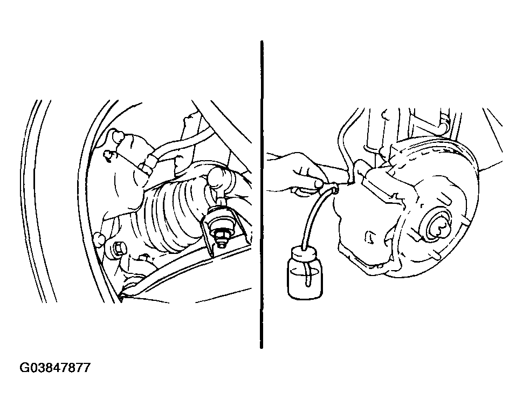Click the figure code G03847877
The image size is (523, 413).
(55, 368)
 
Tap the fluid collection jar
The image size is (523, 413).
(305, 272)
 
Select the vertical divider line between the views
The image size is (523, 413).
(261, 195)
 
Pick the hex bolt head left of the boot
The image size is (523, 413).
(119, 249)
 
